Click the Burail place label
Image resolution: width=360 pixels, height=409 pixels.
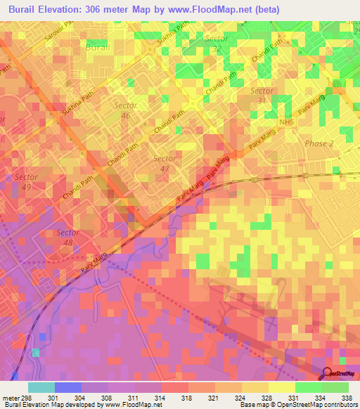[x=97, y=48]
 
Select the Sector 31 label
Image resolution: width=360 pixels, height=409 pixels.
[x=262, y=97]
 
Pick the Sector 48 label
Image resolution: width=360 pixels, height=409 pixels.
[x=69, y=238]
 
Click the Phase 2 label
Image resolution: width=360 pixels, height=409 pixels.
[x=321, y=143]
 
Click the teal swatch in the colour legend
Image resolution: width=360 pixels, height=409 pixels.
[x=41, y=387]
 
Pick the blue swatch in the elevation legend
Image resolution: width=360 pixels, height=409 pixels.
[x=68, y=387]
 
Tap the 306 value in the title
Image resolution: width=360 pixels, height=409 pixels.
[x=111, y=9]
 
